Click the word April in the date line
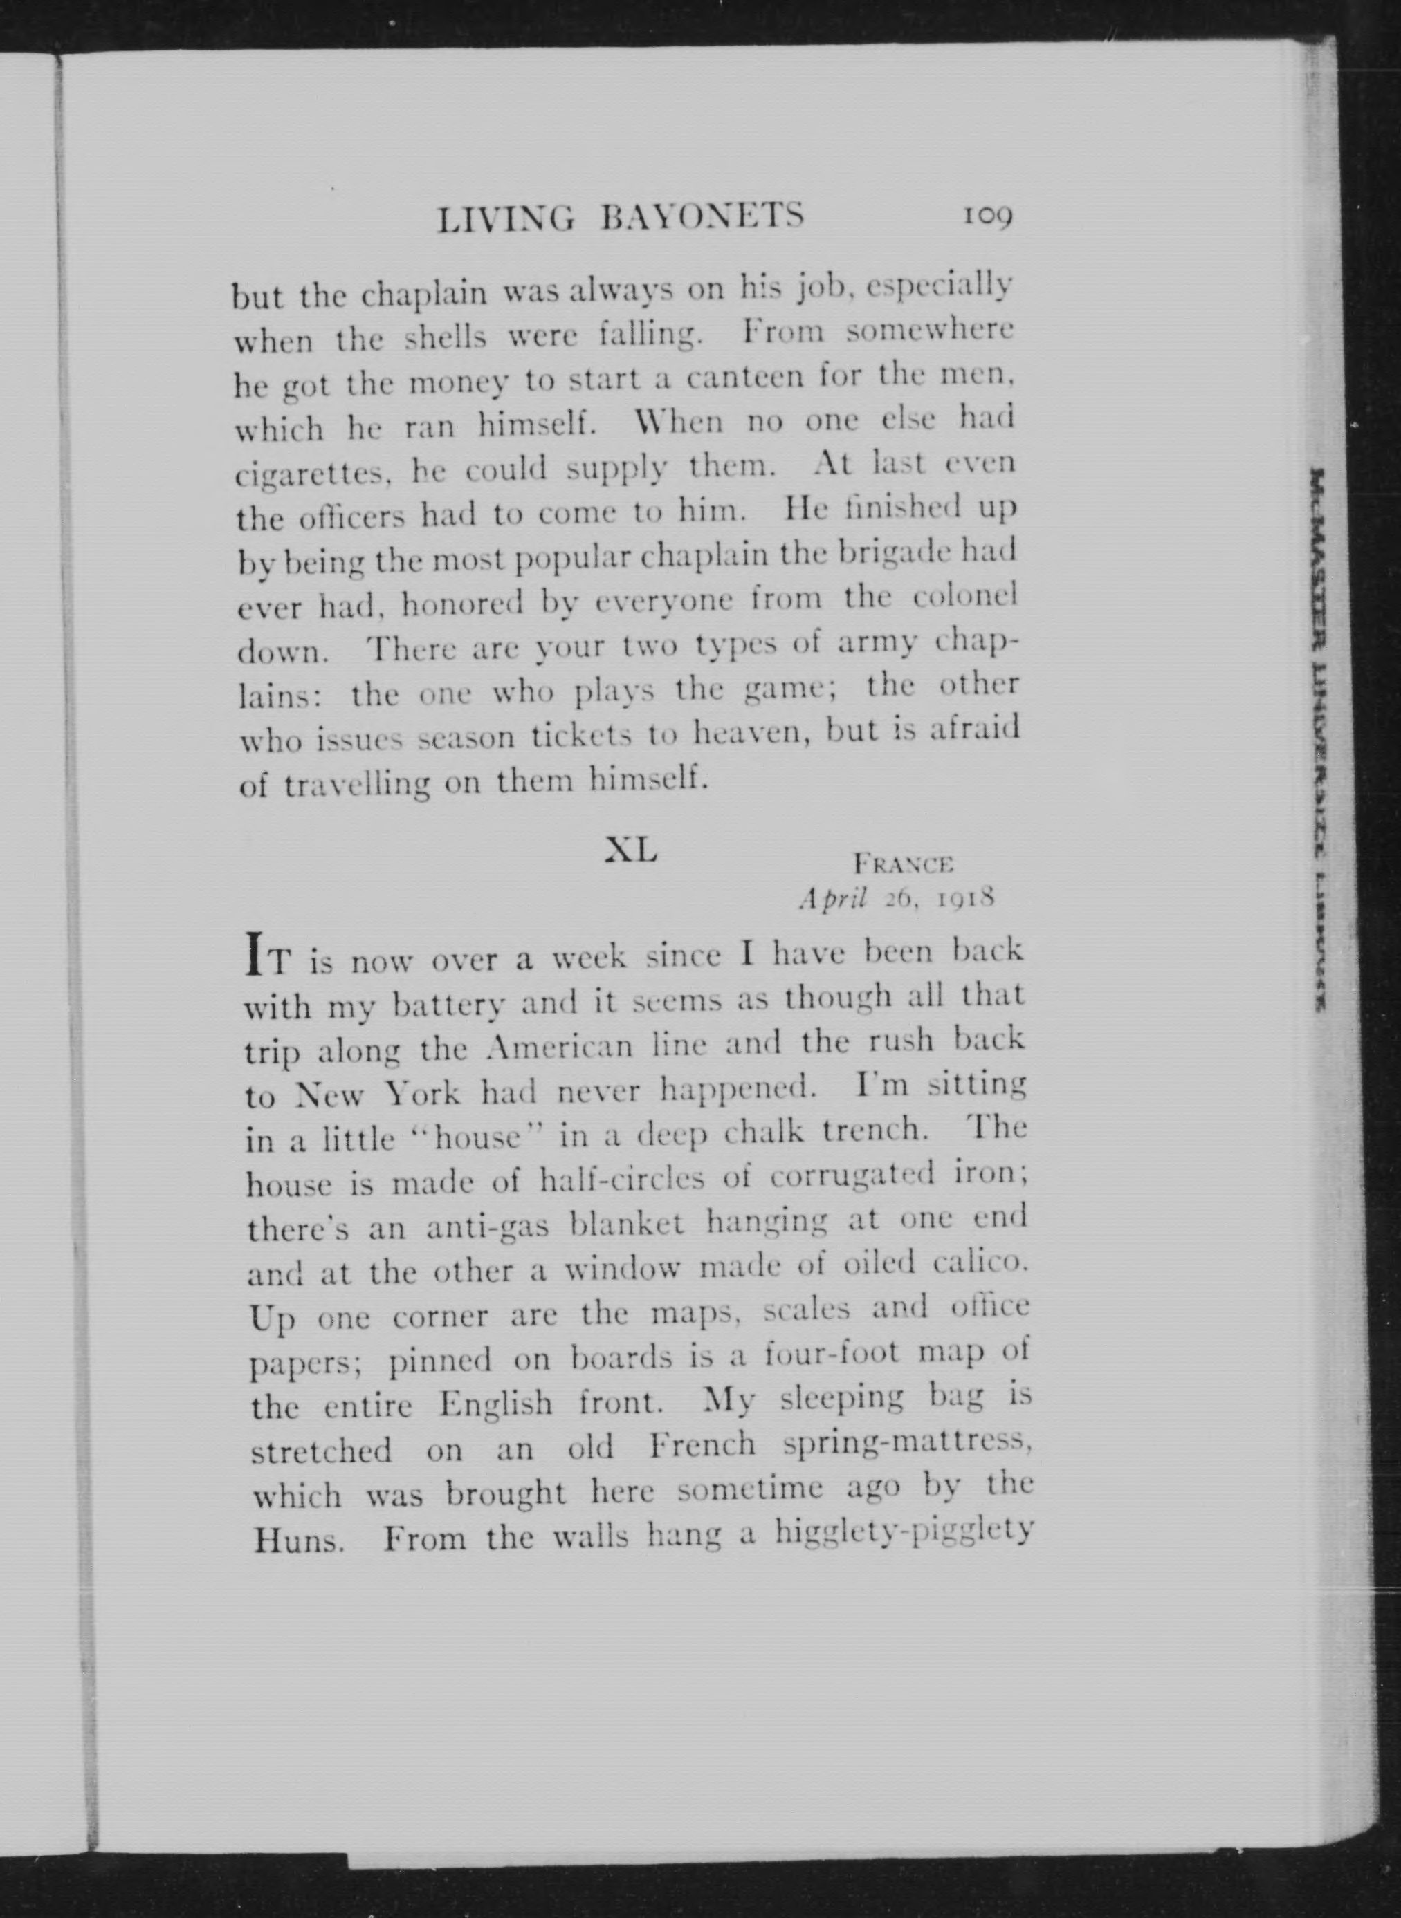coord(831,900)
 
